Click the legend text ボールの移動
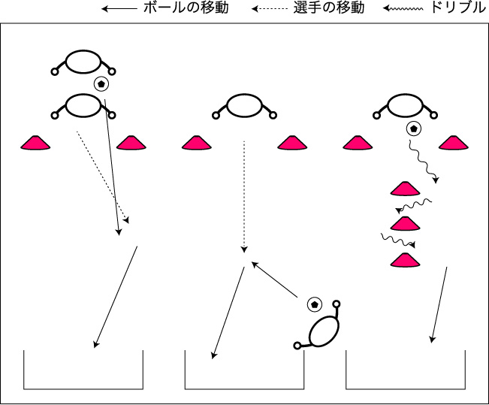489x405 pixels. tap(186, 8)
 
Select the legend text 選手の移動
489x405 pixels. tap(329, 8)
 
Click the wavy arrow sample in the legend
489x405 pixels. tap(403, 9)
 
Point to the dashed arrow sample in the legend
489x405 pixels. tap(270, 9)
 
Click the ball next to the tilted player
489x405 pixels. tap(314, 304)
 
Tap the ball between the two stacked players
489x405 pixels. tap(101, 84)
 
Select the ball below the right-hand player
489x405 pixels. tap(414, 128)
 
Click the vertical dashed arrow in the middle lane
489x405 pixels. tap(244, 197)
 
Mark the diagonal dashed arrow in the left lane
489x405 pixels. tap(103, 177)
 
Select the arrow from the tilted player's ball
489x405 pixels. tap(274, 279)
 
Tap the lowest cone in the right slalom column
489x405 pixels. tap(405, 260)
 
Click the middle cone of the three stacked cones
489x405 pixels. tap(405, 224)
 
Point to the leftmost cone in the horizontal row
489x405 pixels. tap(35, 143)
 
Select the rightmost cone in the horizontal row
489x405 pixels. tap(454, 143)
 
